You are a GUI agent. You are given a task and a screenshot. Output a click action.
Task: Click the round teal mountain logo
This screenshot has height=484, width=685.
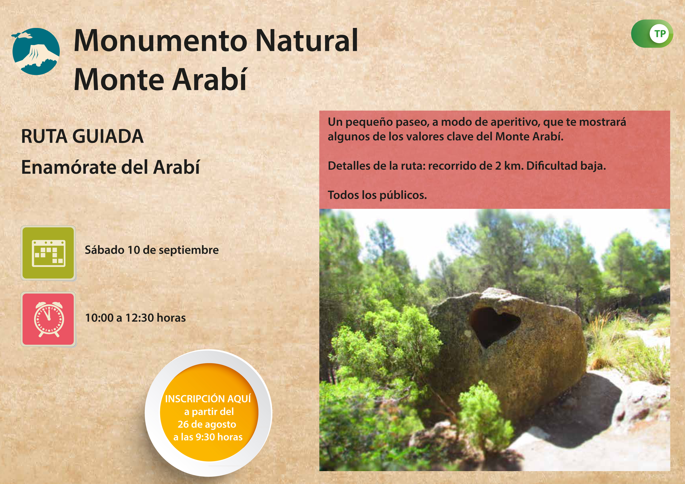tap(36, 51)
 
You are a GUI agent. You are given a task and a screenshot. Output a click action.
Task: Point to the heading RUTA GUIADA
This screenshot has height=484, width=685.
tap(82, 136)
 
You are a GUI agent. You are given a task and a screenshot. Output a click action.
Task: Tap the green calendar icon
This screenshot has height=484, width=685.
tap(48, 253)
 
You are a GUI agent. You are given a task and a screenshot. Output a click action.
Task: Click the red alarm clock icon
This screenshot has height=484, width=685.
tap(48, 319)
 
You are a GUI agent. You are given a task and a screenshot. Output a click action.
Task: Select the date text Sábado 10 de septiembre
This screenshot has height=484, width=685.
tap(152, 250)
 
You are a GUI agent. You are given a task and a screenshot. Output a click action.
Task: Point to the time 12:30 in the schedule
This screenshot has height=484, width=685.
tap(139, 318)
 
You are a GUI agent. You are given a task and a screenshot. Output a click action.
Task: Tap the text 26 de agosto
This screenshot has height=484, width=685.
tap(207, 424)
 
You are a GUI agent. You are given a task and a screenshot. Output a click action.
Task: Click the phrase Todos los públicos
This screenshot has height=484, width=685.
tap(377, 195)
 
